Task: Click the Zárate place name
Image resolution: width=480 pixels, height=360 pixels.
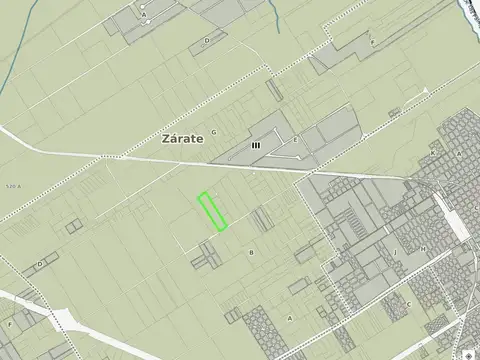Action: [183, 141]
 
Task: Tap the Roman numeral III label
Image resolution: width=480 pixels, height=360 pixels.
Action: [256, 145]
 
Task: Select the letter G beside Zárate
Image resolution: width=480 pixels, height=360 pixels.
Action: [214, 131]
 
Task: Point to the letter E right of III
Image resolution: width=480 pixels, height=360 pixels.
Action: [295, 139]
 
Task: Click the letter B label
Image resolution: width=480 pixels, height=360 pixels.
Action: [251, 253]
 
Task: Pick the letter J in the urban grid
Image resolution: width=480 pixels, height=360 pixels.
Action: [396, 251]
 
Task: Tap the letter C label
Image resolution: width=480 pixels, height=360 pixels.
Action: [408, 304]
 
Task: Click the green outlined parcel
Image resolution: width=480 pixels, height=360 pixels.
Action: [211, 211]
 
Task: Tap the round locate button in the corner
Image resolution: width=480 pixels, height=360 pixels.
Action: [469, 351]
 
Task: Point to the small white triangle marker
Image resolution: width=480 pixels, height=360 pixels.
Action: [427, 91]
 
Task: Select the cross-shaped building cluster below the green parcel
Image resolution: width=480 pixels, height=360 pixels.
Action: [208, 256]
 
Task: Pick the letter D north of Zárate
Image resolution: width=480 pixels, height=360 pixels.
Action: [206, 40]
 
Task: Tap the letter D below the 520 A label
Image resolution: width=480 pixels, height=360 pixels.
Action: [40, 263]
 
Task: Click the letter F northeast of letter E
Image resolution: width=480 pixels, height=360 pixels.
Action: [372, 42]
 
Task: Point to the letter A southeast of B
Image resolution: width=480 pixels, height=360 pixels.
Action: [290, 318]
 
